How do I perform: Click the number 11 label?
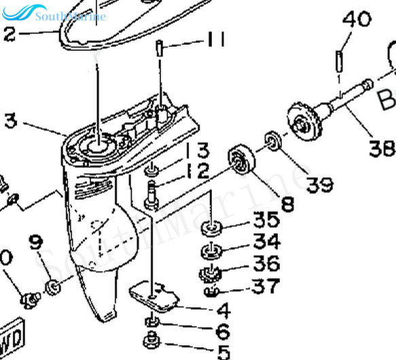point(216,41)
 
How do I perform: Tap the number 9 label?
point(35,242)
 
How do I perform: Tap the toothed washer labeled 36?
point(211,275)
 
